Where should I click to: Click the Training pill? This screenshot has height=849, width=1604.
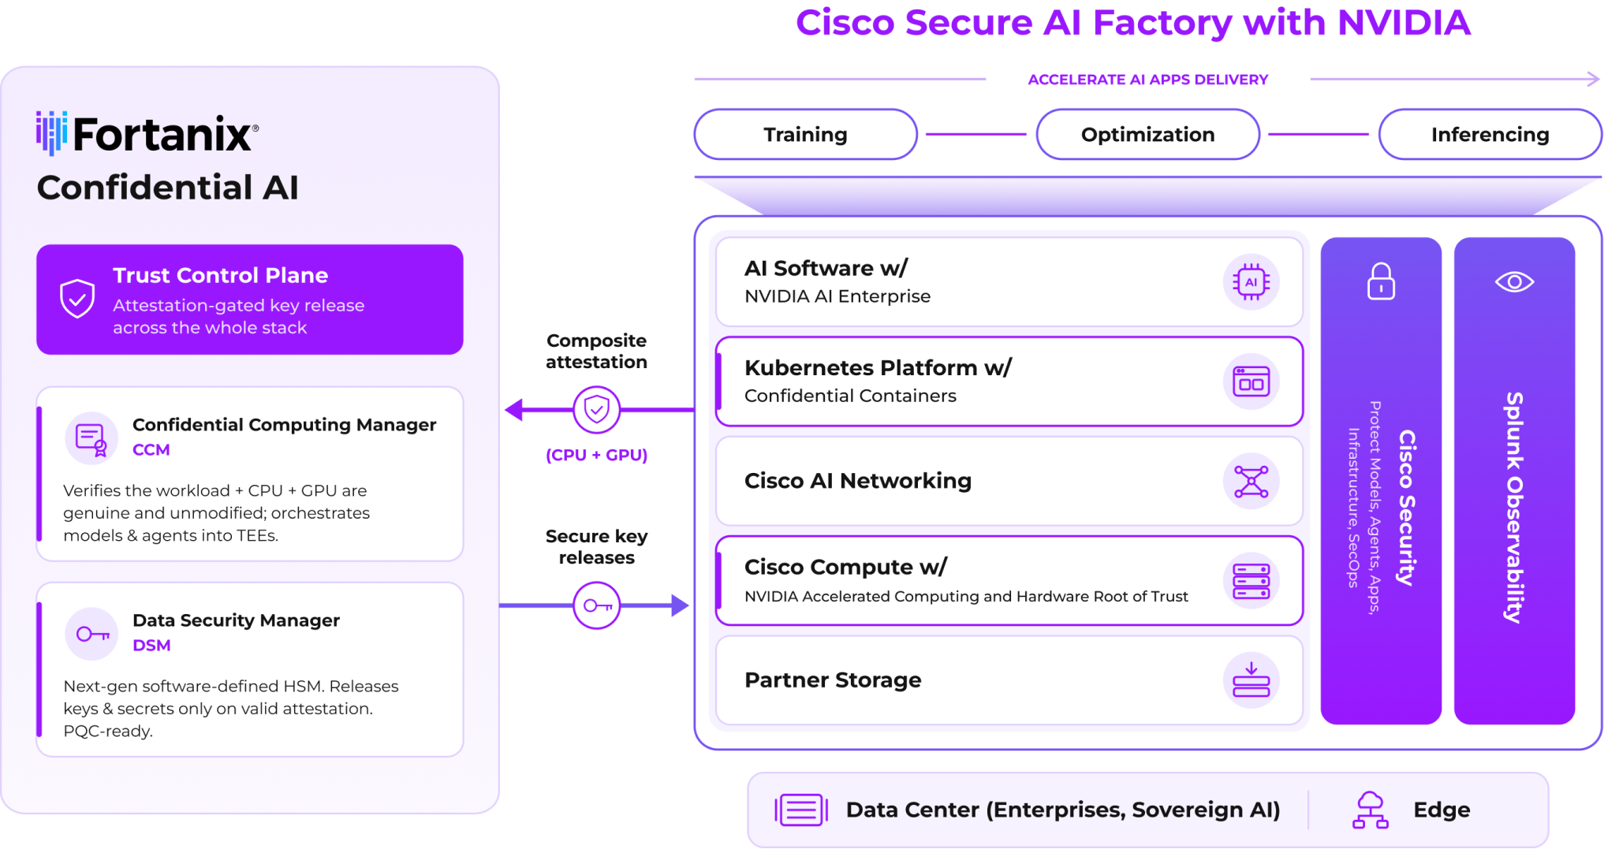805,134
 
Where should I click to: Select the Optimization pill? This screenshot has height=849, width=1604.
1147,134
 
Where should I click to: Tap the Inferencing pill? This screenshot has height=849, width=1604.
1490,134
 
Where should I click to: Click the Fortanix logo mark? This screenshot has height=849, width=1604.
51,132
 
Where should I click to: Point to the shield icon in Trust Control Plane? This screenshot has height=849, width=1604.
77,299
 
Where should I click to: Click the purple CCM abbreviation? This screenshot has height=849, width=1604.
151,449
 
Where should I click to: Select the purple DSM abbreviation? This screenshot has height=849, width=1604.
151,645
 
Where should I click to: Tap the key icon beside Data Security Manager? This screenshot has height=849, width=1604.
92,634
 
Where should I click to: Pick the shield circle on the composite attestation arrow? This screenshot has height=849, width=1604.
596,410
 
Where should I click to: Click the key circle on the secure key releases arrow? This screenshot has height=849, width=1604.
596,605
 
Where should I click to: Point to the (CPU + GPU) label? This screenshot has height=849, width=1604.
596,455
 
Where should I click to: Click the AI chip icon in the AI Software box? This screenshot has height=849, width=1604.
1251,282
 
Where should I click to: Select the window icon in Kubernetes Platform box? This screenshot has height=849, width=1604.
1251,382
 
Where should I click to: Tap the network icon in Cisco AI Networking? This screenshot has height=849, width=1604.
1251,481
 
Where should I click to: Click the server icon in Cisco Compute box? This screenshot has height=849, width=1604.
1251,581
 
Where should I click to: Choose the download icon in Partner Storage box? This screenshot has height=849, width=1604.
1251,680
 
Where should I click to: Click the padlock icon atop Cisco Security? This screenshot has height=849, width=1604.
1381,281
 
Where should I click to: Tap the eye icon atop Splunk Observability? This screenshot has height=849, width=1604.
1514,281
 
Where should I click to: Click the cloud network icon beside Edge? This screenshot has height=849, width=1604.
1370,810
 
